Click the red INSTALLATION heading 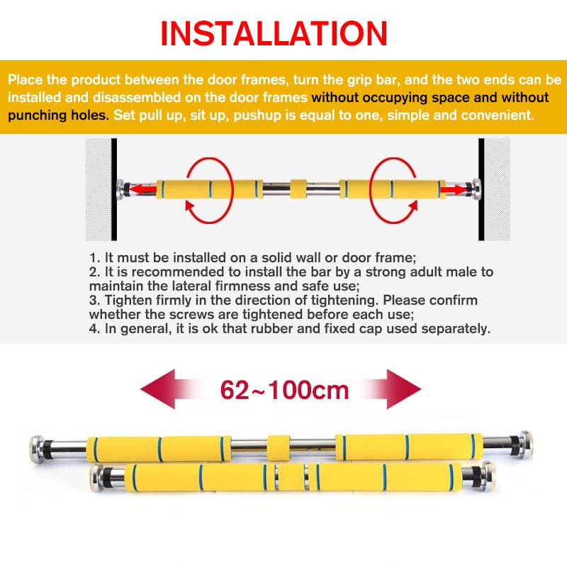pyautogui.click(x=274, y=33)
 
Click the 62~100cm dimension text pyautogui.click(x=284, y=390)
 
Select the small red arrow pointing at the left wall pyautogui.click(x=143, y=189)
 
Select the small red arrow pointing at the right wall pyautogui.click(x=454, y=189)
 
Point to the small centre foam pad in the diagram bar pyautogui.click(x=298, y=189)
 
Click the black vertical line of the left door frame pyautogui.click(x=114, y=189)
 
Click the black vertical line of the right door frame pyautogui.click(x=481, y=189)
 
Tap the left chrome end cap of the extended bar pyautogui.click(x=37, y=449)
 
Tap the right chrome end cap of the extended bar pyautogui.click(x=525, y=445)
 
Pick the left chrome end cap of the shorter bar pyautogui.click(x=98, y=478)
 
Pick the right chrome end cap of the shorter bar pyautogui.click(x=488, y=476)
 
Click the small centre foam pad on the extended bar pyautogui.click(x=279, y=448)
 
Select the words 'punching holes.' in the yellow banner pyautogui.click(x=58, y=115)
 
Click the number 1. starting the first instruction pyautogui.click(x=94, y=258)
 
